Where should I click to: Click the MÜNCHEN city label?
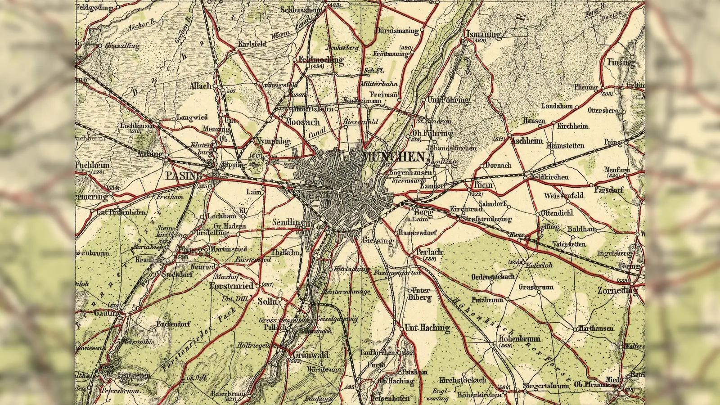point(393,157)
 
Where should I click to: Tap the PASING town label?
point(181,175)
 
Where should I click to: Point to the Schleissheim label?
point(301,9)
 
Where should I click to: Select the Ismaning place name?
point(483,34)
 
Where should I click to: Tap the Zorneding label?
point(617,291)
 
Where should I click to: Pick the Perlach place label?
point(428,252)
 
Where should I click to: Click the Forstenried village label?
point(232,286)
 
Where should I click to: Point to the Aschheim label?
point(526,141)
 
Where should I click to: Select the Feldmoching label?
point(320,59)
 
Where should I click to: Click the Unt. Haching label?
point(427,328)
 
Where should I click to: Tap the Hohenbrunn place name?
point(519,338)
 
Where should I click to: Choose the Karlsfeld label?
point(252,44)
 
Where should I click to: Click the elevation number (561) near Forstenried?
point(267,285)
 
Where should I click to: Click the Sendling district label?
point(288,222)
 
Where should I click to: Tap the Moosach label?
point(303,122)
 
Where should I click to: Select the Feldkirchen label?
point(549,177)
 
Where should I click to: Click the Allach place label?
point(200,85)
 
